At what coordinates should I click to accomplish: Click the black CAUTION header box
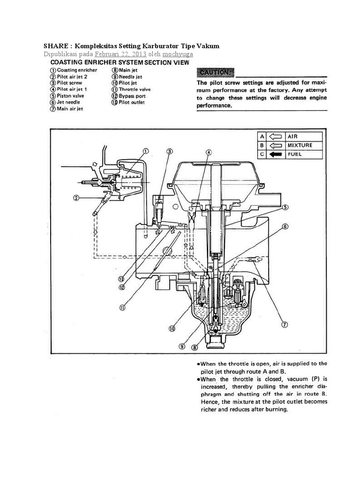point(215,73)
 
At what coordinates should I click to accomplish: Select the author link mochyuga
point(178,54)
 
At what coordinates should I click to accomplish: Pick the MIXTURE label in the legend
point(300,145)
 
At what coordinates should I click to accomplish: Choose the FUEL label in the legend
point(295,154)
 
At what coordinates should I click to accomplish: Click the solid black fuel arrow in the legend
point(275,154)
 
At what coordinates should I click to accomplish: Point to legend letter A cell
point(262,136)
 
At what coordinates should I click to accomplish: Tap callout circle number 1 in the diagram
point(146,151)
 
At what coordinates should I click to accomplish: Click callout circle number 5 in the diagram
point(285,207)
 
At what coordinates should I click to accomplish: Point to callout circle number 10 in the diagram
point(172,329)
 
